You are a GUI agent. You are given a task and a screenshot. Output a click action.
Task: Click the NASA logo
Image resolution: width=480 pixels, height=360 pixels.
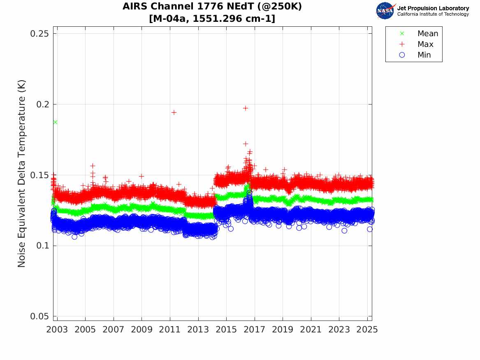(385, 11)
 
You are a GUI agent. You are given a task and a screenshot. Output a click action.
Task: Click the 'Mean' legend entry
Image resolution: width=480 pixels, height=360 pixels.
(427, 34)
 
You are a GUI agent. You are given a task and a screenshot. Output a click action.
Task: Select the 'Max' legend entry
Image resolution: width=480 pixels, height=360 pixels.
(425, 44)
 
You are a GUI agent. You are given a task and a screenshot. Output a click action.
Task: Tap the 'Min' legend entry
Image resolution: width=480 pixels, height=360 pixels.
(424, 55)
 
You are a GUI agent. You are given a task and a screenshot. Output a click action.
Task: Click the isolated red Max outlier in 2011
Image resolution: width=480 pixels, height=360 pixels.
(174, 112)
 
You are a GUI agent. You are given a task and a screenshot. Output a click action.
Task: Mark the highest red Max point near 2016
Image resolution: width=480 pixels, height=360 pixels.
(246, 108)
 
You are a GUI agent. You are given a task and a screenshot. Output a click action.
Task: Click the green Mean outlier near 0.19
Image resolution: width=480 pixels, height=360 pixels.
(55, 122)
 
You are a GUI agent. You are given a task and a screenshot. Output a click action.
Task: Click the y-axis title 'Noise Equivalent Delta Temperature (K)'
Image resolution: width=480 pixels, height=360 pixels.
(22, 174)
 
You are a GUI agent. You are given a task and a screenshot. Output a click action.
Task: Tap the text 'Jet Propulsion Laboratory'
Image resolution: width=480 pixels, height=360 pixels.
(433, 8)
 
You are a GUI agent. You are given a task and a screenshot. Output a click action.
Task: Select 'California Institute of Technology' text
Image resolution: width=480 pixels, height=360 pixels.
(433, 14)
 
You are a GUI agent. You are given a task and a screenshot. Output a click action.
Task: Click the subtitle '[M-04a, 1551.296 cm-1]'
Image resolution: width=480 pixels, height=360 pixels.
(212, 19)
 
